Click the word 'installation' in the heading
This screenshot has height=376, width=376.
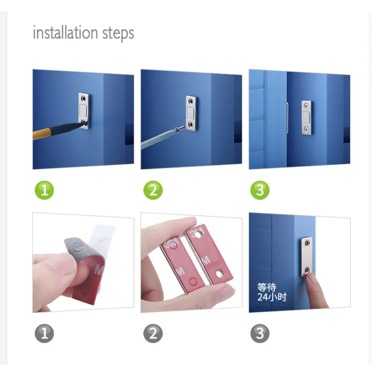point(65,33)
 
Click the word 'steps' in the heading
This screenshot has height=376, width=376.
point(118,34)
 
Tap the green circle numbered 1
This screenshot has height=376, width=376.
point(44,190)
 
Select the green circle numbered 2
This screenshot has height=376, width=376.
point(153,190)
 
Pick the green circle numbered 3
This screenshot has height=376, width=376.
point(260,190)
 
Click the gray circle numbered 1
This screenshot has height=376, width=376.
point(44,333)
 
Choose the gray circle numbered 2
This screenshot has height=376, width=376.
point(153,333)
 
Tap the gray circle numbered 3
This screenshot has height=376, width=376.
point(260,333)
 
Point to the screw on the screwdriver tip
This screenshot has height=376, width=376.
point(180,129)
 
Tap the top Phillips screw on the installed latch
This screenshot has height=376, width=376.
point(306,106)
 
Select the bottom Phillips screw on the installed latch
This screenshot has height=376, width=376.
point(306,130)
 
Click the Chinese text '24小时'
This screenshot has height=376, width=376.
point(272,297)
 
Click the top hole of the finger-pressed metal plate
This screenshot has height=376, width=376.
point(307,244)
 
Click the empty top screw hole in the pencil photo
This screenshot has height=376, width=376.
point(83,99)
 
